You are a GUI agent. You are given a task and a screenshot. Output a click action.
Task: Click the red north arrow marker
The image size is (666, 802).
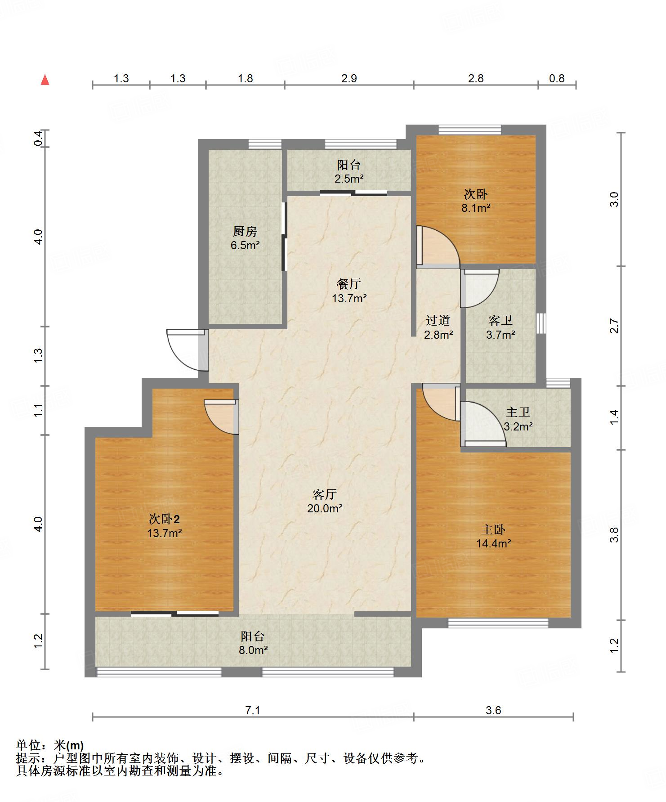45,80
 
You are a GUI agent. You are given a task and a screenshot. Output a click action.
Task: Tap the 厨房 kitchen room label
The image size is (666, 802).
245,231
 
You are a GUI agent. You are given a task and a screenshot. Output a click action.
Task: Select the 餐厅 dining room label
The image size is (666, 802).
349,284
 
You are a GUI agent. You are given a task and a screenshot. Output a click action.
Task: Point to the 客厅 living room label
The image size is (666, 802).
325,494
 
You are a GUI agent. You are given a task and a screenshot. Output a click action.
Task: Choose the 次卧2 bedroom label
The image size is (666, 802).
165,519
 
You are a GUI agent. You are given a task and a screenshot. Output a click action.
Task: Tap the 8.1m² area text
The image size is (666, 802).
476,208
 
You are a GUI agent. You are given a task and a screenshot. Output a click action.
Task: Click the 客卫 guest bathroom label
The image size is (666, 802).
501,320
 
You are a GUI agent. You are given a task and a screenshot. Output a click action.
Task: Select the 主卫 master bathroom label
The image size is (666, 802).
518,412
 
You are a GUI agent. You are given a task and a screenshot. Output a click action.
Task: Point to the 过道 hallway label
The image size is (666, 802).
438,320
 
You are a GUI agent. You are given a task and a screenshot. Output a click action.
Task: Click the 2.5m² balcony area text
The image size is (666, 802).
349,179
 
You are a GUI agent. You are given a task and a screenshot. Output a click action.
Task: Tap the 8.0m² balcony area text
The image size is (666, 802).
253,650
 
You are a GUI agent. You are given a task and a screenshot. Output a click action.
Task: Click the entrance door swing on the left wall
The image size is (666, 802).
185,350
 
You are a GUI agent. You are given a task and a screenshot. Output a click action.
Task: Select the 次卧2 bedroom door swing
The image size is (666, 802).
221,417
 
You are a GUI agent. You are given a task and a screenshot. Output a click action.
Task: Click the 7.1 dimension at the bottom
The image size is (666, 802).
253,710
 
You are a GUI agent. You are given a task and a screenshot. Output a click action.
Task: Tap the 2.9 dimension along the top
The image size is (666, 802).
349,78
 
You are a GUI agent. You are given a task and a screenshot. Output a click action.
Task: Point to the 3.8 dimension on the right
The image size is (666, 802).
615,535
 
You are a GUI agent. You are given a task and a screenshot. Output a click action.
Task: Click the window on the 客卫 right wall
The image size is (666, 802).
541,323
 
